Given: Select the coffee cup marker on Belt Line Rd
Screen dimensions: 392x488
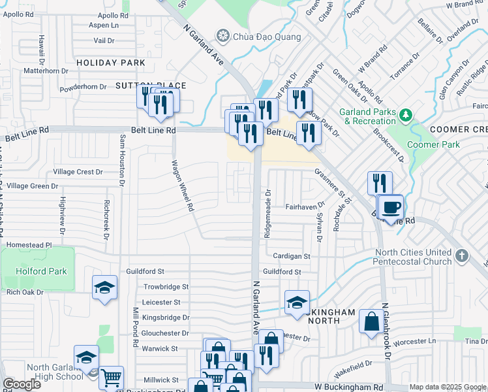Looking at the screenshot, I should pyautogui.click(x=391, y=208).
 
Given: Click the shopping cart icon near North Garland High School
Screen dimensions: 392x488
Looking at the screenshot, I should pyautogui.click(x=111, y=378).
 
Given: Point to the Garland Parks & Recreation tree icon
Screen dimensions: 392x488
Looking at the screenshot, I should pyautogui.click(x=406, y=115).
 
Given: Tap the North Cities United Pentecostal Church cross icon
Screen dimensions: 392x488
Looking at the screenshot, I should pyautogui.click(x=462, y=256).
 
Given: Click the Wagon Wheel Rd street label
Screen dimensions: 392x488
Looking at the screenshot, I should pyautogui.click(x=183, y=186).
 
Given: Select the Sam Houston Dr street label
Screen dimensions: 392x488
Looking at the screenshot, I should pyautogui.click(x=121, y=160).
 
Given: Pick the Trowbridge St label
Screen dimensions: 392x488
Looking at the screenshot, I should pyautogui.click(x=166, y=287).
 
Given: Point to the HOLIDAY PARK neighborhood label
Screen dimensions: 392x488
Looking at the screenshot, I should pyautogui.click(x=110, y=63).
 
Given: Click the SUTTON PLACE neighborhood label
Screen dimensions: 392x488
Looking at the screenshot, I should pyautogui.click(x=151, y=86).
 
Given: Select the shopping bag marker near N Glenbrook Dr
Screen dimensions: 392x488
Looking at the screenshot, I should pyautogui.click(x=371, y=321).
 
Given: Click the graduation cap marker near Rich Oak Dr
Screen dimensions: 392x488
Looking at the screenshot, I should pyautogui.click(x=104, y=288).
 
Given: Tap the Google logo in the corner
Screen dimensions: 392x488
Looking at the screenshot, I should pyautogui.click(x=22, y=384).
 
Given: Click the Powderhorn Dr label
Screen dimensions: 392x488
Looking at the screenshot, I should pyautogui.click(x=83, y=87).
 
